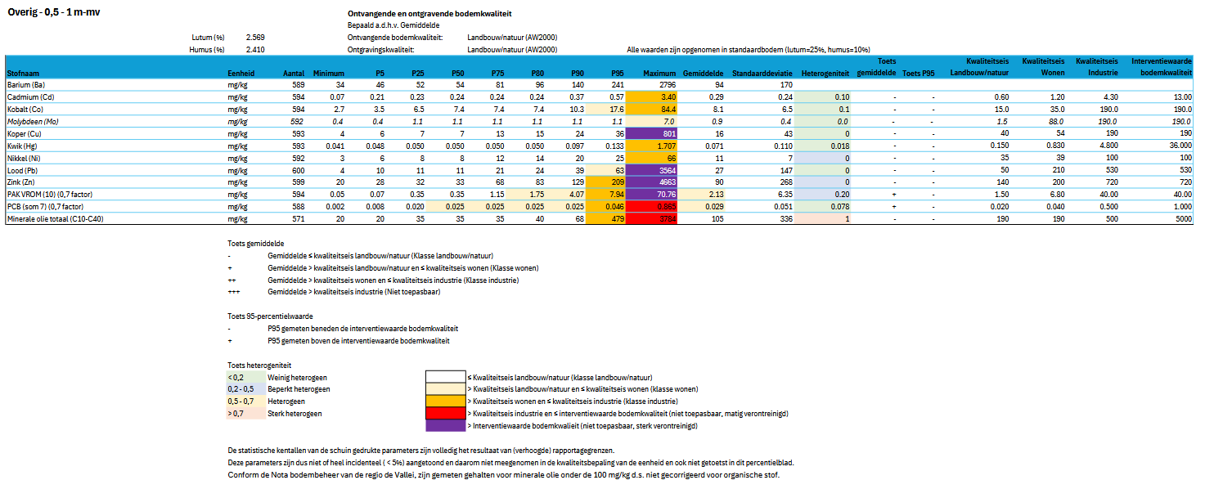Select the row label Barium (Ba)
coord(25,84)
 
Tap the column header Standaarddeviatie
coord(761,73)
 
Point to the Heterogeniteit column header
coord(825,73)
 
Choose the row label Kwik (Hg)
coord(23,146)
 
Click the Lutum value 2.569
coord(254,38)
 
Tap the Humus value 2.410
coord(254,50)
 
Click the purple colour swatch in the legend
coord(444,425)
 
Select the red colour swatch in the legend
coord(444,413)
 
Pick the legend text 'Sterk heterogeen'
coord(295,413)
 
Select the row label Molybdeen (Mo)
coord(31,121)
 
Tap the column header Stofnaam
coord(22,73)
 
